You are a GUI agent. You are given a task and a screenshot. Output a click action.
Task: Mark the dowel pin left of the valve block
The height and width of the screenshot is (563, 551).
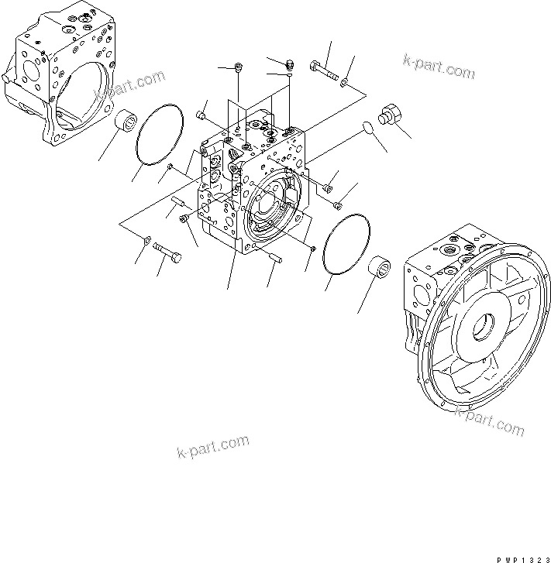pos(177,204)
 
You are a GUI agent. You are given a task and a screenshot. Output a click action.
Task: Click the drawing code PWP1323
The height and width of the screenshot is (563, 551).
pos(518,557)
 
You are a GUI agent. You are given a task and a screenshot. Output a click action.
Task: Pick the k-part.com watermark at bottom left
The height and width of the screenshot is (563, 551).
pos(212,447)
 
